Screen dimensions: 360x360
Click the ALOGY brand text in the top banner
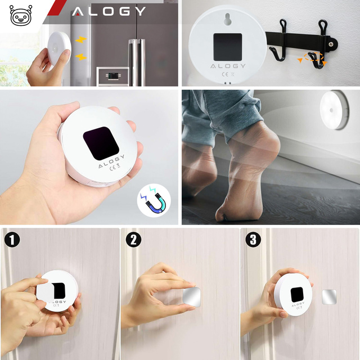tap(109, 11)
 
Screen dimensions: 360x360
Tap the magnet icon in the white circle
tap(154, 202)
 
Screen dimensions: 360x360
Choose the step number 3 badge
tap(253, 240)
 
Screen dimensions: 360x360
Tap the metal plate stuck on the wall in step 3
tap(329, 297)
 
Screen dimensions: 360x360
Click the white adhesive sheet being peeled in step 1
tap(46, 291)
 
